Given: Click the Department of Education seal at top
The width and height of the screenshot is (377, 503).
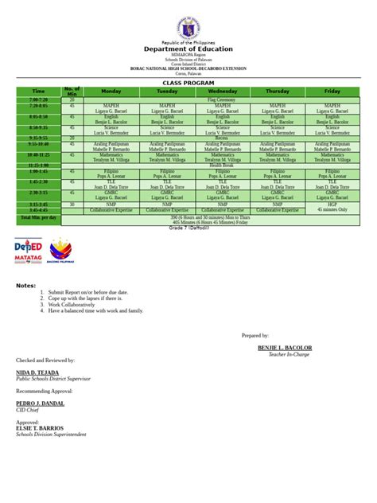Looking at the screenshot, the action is click(188, 23).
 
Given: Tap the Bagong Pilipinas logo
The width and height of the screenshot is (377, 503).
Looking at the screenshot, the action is click(62, 249).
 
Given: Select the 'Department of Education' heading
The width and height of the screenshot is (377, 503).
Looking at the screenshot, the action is click(188, 49).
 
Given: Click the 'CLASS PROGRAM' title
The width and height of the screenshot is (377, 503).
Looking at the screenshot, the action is click(188, 83).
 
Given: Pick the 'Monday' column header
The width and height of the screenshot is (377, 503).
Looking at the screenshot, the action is click(111, 92).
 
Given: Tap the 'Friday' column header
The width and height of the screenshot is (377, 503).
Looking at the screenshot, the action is click(332, 92).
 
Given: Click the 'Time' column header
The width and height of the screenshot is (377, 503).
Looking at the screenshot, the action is click(38, 92).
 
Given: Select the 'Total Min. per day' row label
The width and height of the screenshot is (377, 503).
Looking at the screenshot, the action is click(38, 216).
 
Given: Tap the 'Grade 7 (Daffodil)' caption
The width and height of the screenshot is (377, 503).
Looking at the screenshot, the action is click(188, 228).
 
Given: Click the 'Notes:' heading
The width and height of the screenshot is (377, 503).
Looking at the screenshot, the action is click(26, 285).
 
